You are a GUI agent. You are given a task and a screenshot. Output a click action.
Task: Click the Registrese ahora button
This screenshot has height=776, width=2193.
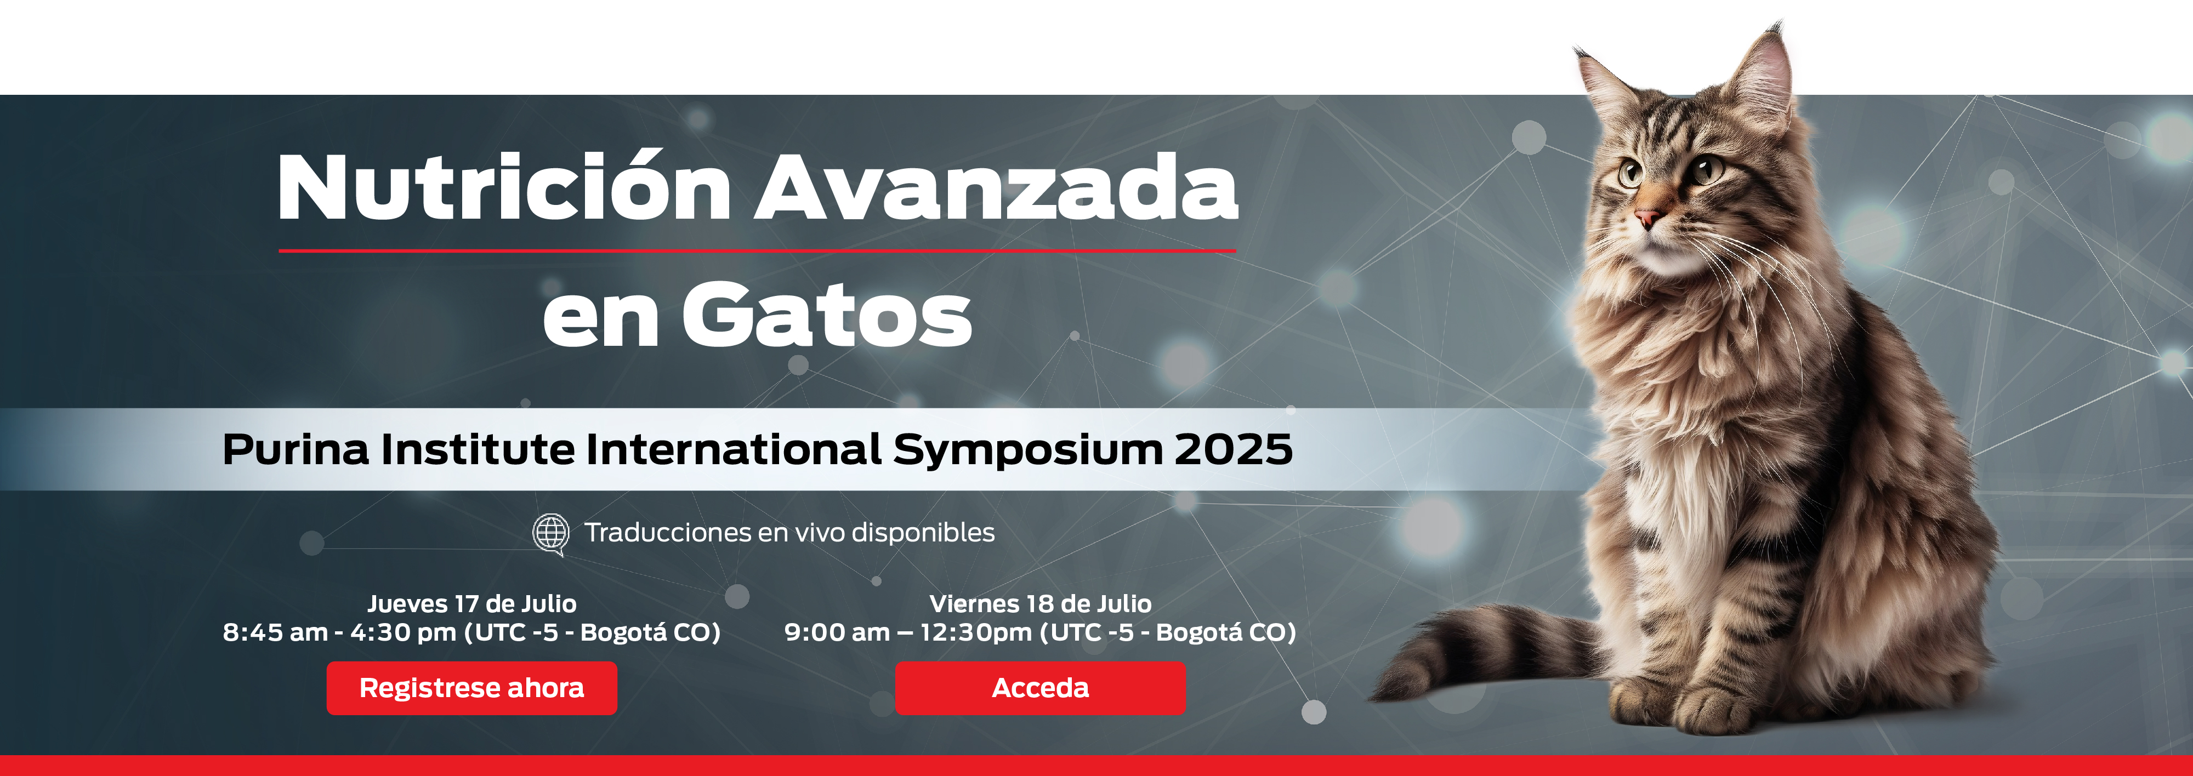(x=471, y=688)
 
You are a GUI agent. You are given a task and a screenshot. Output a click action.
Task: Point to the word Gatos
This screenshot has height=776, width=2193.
(x=826, y=315)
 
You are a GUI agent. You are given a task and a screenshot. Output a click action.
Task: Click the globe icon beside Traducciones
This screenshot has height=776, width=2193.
(x=551, y=534)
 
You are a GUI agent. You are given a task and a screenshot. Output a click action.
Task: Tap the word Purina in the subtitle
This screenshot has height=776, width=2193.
(x=296, y=449)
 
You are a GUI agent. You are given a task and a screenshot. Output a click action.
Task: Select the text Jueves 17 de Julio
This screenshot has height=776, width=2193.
(x=471, y=603)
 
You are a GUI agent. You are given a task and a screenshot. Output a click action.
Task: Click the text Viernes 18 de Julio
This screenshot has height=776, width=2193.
(x=1041, y=603)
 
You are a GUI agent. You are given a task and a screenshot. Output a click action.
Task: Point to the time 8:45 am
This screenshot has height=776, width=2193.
(x=275, y=632)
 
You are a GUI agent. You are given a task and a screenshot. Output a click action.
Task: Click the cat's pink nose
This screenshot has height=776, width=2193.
(x=1646, y=217)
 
